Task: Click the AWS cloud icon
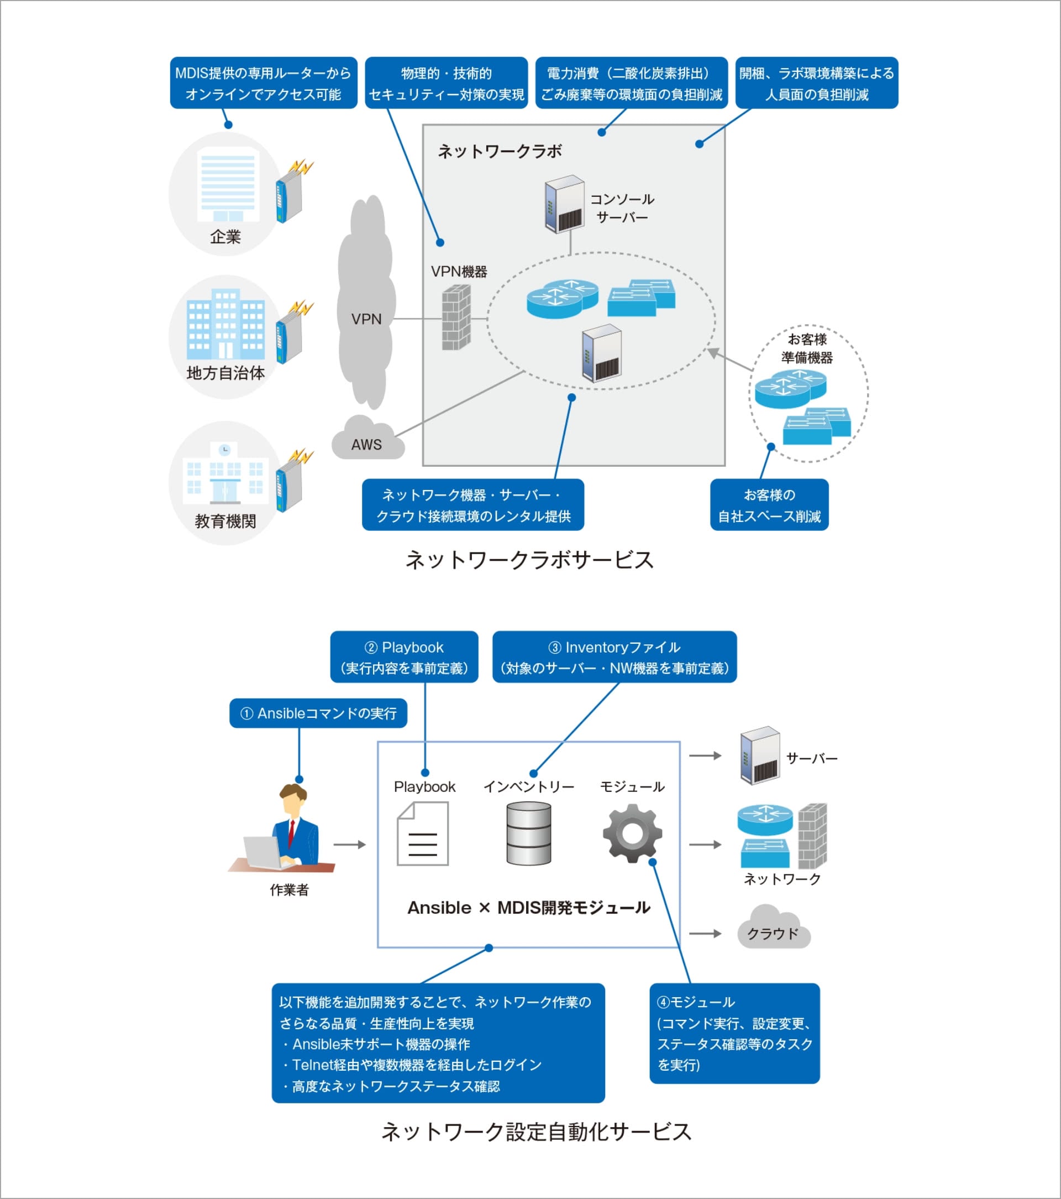coord(367,439)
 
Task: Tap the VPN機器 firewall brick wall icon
coord(456,317)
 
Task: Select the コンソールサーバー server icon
coord(564,205)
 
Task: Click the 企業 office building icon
coord(228,187)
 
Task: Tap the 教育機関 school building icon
coord(225,474)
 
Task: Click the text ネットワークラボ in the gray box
coord(500,152)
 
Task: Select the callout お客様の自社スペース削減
coord(769,505)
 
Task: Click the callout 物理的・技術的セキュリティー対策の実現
coord(446,84)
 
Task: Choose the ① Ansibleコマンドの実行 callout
coord(318,713)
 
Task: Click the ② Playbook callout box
coord(404,657)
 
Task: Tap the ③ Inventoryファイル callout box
coord(614,657)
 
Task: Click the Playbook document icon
coord(423,834)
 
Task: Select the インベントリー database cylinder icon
coord(528,833)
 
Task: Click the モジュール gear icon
coord(632,833)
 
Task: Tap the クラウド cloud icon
coord(773,929)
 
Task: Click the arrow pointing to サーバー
coord(705,756)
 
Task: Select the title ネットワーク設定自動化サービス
coord(536,1132)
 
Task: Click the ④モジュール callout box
coord(734,1034)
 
